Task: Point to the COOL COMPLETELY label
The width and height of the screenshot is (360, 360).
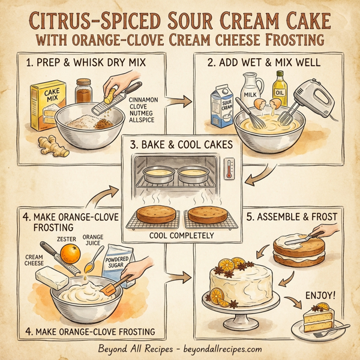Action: pos(180,236)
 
